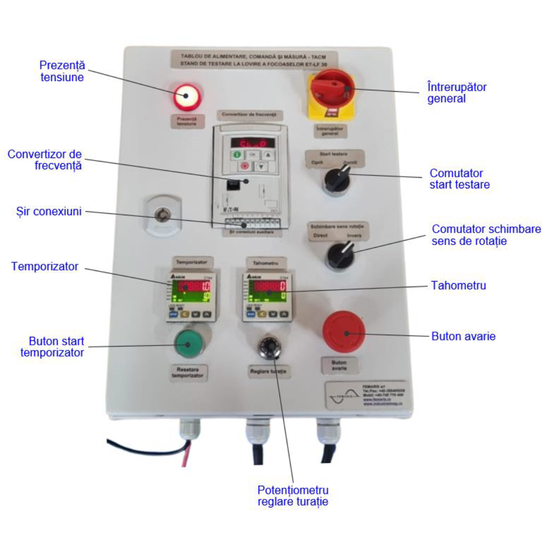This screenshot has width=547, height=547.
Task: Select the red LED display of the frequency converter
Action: pyautogui.click(x=249, y=143)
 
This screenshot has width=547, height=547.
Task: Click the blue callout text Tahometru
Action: pyautogui.click(x=459, y=286)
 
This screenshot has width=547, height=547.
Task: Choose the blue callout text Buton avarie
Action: pyautogui.click(x=463, y=336)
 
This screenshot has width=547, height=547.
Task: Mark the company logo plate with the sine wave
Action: pyautogui.click(x=365, y=394)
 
